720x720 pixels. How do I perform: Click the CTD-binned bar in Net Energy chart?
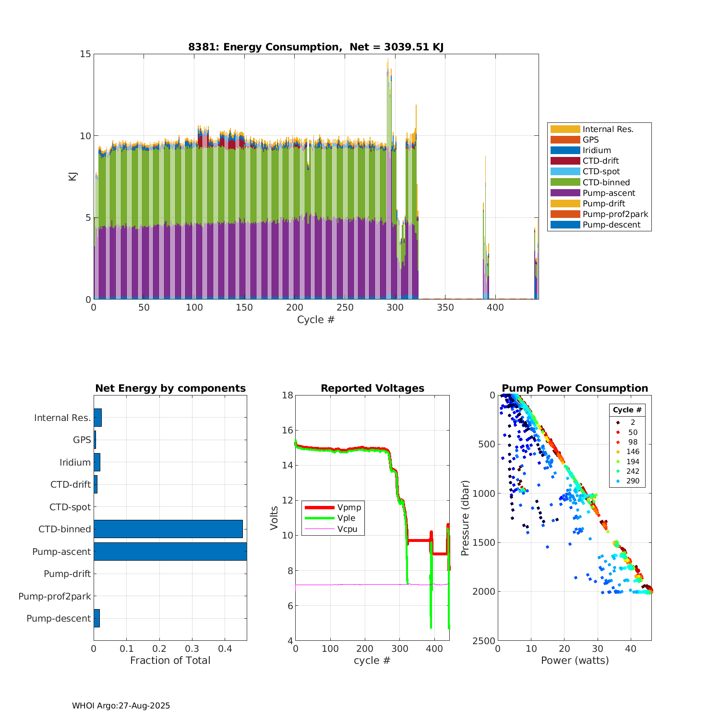(168, 529)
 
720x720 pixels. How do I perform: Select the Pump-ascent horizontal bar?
(170, 552)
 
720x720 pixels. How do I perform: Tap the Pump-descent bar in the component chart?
(96, 618)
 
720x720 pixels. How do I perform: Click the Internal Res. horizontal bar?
(97, 418)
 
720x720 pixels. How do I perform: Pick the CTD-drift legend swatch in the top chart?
(565, 161)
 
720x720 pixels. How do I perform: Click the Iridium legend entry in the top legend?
(597, 150)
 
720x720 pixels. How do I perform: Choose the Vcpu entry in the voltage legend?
(347, 529)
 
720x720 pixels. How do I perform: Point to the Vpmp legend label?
(349, 507)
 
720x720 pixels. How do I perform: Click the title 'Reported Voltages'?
(372, 388)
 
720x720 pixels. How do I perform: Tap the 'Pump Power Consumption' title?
(575, 388)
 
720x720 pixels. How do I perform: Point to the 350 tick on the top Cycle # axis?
(445, 308)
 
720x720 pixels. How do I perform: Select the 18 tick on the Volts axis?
(288, 395)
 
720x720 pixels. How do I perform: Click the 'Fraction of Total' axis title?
(170, 660)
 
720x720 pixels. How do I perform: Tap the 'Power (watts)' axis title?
(575, 660)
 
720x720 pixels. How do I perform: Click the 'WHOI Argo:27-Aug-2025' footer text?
(121, 706)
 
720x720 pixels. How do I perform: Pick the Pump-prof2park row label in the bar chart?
(55, 596)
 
